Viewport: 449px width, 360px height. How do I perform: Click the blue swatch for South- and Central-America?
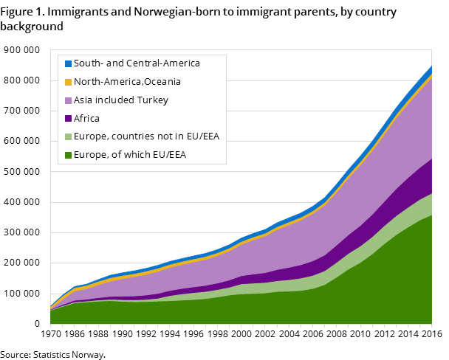coord(68,63)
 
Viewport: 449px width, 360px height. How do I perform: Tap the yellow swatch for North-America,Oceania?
coord(68,82)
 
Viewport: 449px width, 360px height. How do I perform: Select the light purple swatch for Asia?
coord(68,100)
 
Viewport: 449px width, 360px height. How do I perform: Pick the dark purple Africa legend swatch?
coord(68,118)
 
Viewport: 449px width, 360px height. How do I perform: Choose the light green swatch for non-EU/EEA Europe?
coord(68,136)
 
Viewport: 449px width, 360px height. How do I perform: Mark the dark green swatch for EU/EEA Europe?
coord(68,155)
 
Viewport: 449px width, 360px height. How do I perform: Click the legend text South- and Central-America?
coord(137,63)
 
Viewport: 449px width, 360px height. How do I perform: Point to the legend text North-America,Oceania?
coord(127,82)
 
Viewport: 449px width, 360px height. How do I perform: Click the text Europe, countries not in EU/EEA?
coord(146,136)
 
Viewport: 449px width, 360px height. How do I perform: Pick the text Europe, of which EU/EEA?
coord(130,155)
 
